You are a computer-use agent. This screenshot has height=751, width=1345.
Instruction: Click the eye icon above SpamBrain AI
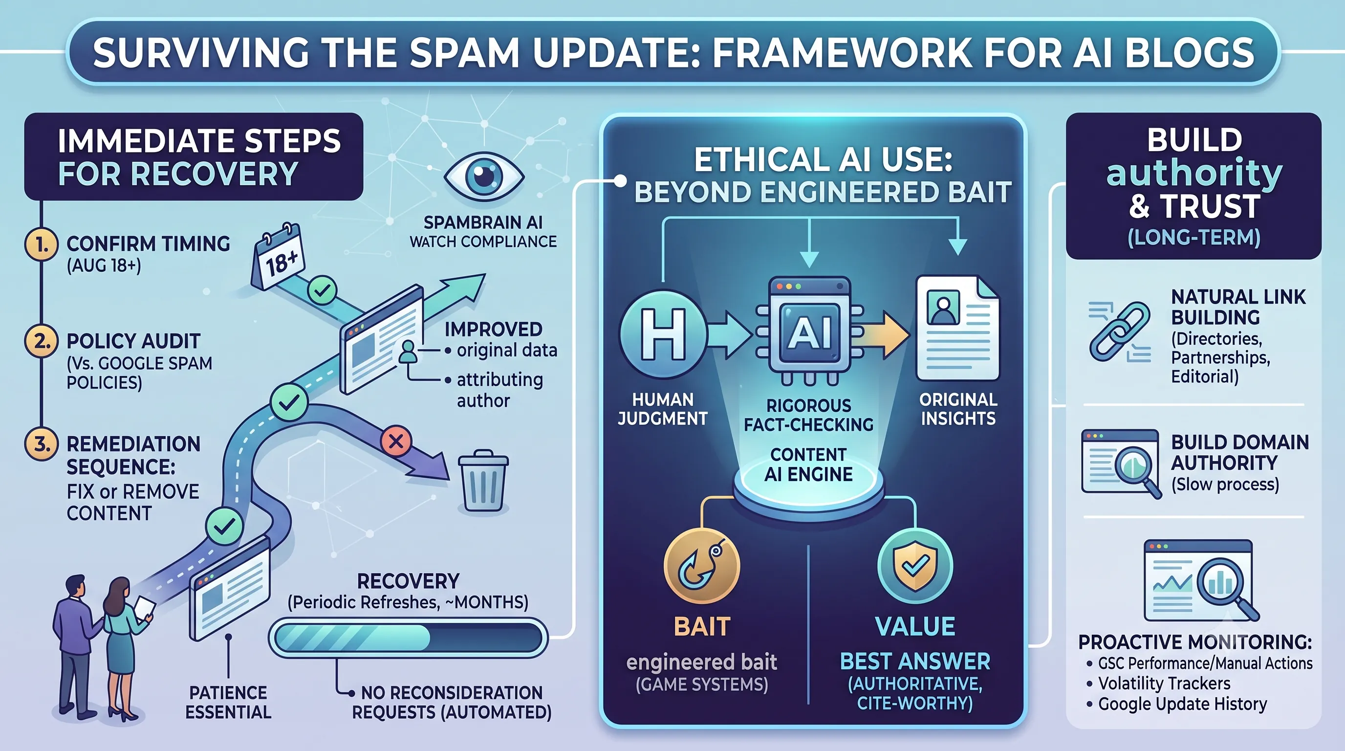point(483,176)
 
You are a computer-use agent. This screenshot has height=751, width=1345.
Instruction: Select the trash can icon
point(483,481)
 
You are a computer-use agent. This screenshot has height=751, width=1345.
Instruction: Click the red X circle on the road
point(396,442)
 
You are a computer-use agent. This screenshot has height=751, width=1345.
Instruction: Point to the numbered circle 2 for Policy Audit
point(41,341)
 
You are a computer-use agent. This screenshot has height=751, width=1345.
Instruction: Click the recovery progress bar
point(408,637)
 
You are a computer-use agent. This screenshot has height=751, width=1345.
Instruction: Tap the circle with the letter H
point(663,334)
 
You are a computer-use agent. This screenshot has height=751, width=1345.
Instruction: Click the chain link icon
point(1119,332)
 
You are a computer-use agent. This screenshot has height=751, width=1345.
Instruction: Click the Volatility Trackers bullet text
point(1164,683)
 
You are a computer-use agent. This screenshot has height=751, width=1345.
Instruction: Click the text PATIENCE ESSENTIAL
point(228,702)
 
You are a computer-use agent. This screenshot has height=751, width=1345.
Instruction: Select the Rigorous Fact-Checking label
point(809,415)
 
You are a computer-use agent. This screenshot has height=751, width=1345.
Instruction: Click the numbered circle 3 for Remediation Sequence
point(41,444)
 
